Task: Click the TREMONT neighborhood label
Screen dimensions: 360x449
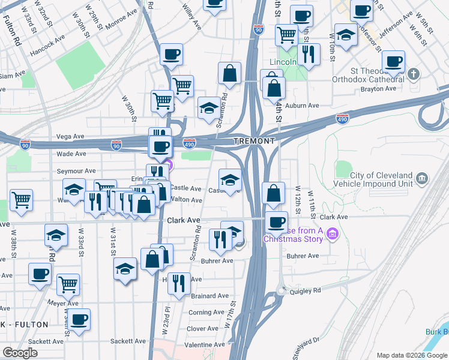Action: [x=254, y=141]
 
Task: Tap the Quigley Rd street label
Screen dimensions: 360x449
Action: [x=307, y=290]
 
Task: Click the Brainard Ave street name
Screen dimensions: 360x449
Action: [x=209, y=296]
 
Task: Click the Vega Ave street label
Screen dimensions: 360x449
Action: [x=70, y=137]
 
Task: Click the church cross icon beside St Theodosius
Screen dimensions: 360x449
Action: [x=413, y=74]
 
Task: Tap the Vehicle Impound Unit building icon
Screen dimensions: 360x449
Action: [x=421, y=179]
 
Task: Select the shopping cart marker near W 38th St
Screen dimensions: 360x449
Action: [x=21, y=199]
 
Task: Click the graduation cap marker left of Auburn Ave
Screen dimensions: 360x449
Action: [x=208, y=108]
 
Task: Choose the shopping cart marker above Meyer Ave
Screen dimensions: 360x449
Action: [x=68, y=284]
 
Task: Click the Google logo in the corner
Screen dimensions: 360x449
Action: [x=20, y=352]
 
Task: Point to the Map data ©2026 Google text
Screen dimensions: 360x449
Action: [x=411, y=355]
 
